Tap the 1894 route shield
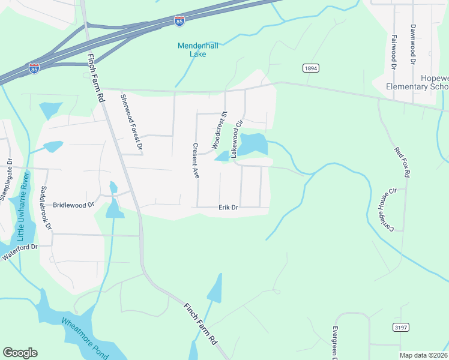[310, 68]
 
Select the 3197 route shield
[400, 327]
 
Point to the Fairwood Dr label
[394, 51]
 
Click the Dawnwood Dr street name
[413, 44]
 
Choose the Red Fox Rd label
[402, 162]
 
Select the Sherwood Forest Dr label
[131, 122]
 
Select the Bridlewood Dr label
[74, 205]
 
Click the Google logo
[20, 353]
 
